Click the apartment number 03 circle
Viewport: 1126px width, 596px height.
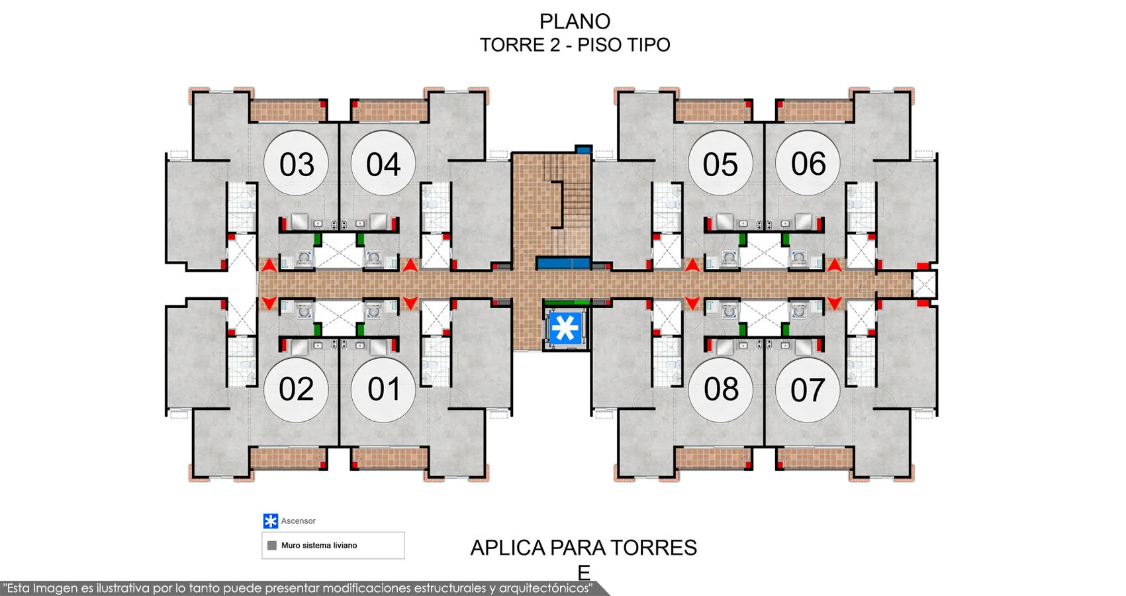(296, 163)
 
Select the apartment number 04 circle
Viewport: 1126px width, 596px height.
(383, 163)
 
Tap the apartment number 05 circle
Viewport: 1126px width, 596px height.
(720, 163)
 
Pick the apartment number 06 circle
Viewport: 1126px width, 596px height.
(808, 163)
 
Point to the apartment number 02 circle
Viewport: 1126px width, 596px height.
(296, 389)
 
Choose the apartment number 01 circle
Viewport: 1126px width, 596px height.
(383, 389)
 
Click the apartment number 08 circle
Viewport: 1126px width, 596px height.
(720, 389)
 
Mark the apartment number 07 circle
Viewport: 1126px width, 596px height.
(808, 389)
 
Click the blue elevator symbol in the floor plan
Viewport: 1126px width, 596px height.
(565, 328)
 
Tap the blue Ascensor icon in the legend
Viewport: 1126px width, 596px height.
(271, 521)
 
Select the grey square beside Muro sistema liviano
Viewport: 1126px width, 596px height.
(272, 545)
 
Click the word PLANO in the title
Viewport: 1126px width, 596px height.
(575, 22)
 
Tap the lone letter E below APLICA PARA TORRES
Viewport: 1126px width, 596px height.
(584, 572)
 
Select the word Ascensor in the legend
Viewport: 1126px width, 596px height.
(298, 521)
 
